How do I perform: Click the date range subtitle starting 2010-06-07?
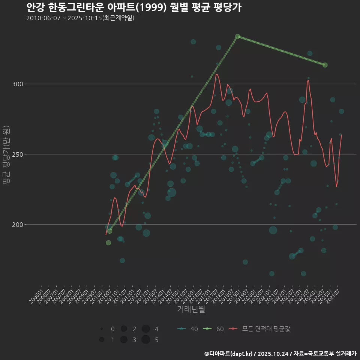pos(80,18)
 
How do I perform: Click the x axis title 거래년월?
pos(191,309)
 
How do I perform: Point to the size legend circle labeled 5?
pos(146,340)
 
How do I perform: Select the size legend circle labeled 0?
pos(102,329)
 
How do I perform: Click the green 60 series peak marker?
pos(237,36)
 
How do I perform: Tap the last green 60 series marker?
pos(325,65)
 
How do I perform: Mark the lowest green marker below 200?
pos(108,243)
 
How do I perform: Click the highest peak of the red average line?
pos(216,74)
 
